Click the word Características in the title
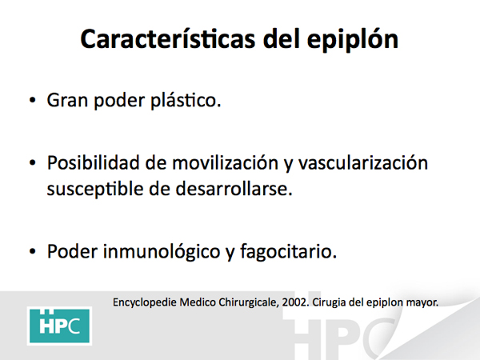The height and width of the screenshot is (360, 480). (x=168, y=38)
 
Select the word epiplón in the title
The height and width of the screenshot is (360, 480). (x=353, y=40)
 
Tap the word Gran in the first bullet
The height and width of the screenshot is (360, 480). (x=67, y=100)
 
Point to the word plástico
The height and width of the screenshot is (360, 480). (x=186, y=100)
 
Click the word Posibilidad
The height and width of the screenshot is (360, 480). (x=93, y=162)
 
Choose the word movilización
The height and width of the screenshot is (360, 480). (x=226, y=162)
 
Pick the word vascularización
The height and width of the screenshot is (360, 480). (x=362, y=162)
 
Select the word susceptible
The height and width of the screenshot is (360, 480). (x=95, y=189)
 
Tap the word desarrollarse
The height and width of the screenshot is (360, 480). (x=234, y=188)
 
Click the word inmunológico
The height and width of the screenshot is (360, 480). (x=162, y=252)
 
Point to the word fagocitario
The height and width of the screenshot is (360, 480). (x=288, y=252)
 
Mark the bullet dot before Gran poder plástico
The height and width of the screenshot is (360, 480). (x=33, y=100)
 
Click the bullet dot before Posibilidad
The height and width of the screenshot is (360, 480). (x=33, y=163)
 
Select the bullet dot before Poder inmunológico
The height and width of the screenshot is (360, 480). (x=33, y=252)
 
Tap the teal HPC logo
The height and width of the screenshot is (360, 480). (x=59, y=326)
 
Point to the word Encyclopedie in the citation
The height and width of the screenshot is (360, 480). (x=145, y=302)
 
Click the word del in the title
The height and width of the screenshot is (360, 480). (x=281, y=38)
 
